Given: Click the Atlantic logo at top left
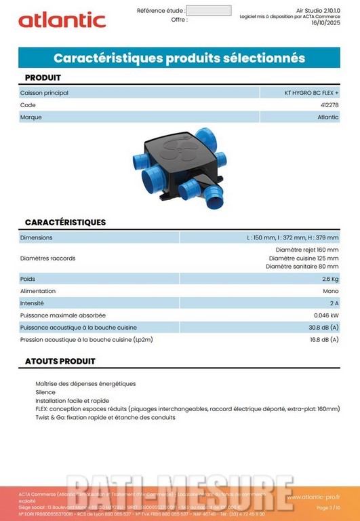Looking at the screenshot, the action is tap(62, 20).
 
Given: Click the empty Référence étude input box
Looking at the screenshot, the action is tap(208, 11).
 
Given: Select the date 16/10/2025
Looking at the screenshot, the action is tap(325, 22).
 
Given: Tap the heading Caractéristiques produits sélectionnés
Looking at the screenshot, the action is tap(179, 58).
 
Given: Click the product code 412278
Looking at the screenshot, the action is tap(329, 105).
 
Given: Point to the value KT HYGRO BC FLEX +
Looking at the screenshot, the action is tap(311, 93).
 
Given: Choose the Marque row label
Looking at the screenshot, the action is tap(31, 117).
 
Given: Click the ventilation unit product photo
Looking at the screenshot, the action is tap(179, 167).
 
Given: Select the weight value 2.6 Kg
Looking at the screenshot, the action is tap(330, 279).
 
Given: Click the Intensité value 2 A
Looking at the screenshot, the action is tap(334, 303).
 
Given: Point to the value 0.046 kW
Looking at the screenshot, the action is tap(326, 315).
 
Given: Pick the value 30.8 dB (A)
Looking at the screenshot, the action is tap(324, 328).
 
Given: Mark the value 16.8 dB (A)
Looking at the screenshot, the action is tap(324, 340).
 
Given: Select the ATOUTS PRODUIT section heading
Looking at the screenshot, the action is tap(60, 362).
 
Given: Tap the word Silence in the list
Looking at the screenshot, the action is tap(45, 392).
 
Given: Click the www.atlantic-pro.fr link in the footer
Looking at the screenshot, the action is tap(313, 497).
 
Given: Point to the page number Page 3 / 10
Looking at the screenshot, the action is tap(329, 507).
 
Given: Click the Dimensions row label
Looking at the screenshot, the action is tap(37, 237).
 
